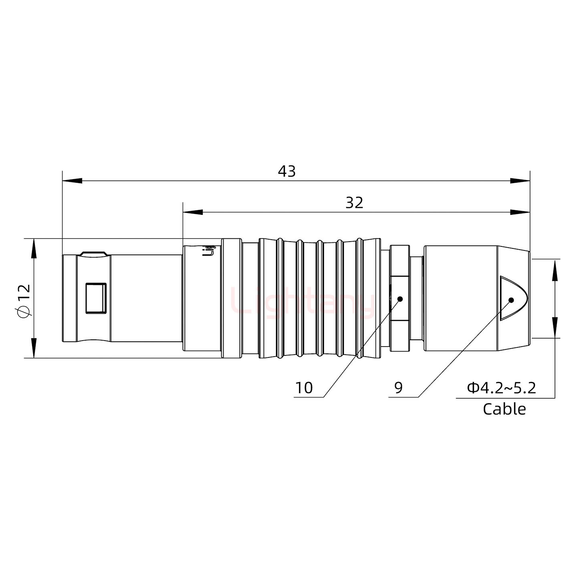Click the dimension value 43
286,171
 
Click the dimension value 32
354,203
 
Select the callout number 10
304,388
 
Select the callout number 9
398,388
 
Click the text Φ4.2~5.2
501,388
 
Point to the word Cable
504,409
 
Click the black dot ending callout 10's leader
399,299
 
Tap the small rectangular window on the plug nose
96,298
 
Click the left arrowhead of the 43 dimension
72,181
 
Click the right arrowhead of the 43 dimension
520,181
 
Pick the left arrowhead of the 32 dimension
192,212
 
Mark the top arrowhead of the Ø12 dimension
34,248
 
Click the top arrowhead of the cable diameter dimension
555,269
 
